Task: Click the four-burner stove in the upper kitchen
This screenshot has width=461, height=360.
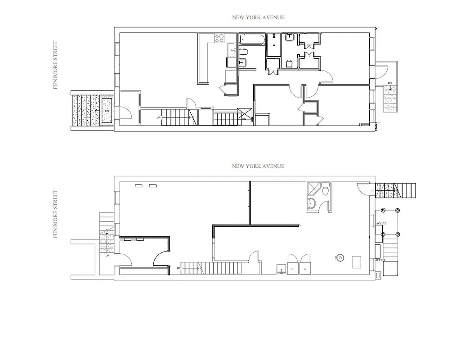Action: pos(219,38)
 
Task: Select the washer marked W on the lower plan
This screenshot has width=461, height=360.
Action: pos(305,265)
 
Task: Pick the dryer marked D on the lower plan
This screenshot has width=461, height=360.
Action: pos(292,265)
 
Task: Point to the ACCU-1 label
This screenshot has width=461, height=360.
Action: pos(380,260)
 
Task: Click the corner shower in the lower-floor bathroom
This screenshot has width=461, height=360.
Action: pos(313,188)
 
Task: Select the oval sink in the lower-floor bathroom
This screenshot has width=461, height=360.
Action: pos(312,205)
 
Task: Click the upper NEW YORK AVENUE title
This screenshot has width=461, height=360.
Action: pos(258,18)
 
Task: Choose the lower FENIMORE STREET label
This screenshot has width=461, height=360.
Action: pos(56,214)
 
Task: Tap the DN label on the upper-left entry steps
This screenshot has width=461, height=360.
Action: pos(107,110)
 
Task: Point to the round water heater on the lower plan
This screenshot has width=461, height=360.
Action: pos(339,258)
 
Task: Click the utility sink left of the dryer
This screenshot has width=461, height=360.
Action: pos(281,269)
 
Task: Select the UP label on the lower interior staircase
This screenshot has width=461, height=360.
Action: pos(179,268)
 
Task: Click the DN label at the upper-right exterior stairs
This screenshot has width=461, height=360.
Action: pos(389,83)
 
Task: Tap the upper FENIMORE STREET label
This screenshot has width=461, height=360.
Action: pos(56,65)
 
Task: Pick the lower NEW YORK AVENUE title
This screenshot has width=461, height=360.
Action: pos(258,166)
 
